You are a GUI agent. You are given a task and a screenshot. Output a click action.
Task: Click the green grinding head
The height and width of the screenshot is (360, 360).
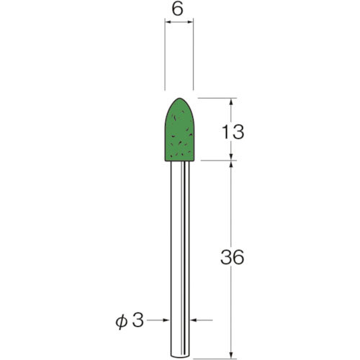coord(180,133)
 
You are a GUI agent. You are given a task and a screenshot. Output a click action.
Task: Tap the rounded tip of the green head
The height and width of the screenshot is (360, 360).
coord(180,102)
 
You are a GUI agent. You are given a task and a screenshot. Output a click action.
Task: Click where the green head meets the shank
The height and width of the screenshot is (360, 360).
coord(180,162)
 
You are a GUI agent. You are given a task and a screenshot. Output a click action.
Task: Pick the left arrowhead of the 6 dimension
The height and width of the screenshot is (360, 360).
coord(168,24)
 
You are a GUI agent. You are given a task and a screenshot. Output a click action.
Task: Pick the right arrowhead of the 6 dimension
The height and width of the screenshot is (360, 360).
coord(192,24)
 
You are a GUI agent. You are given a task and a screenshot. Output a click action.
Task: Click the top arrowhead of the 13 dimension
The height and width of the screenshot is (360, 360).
coord(230,102)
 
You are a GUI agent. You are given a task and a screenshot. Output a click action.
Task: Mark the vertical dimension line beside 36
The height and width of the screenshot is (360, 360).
coord(230,216)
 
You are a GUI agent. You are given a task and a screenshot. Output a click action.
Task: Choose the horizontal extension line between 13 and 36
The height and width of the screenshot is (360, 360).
coord(216,161)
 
